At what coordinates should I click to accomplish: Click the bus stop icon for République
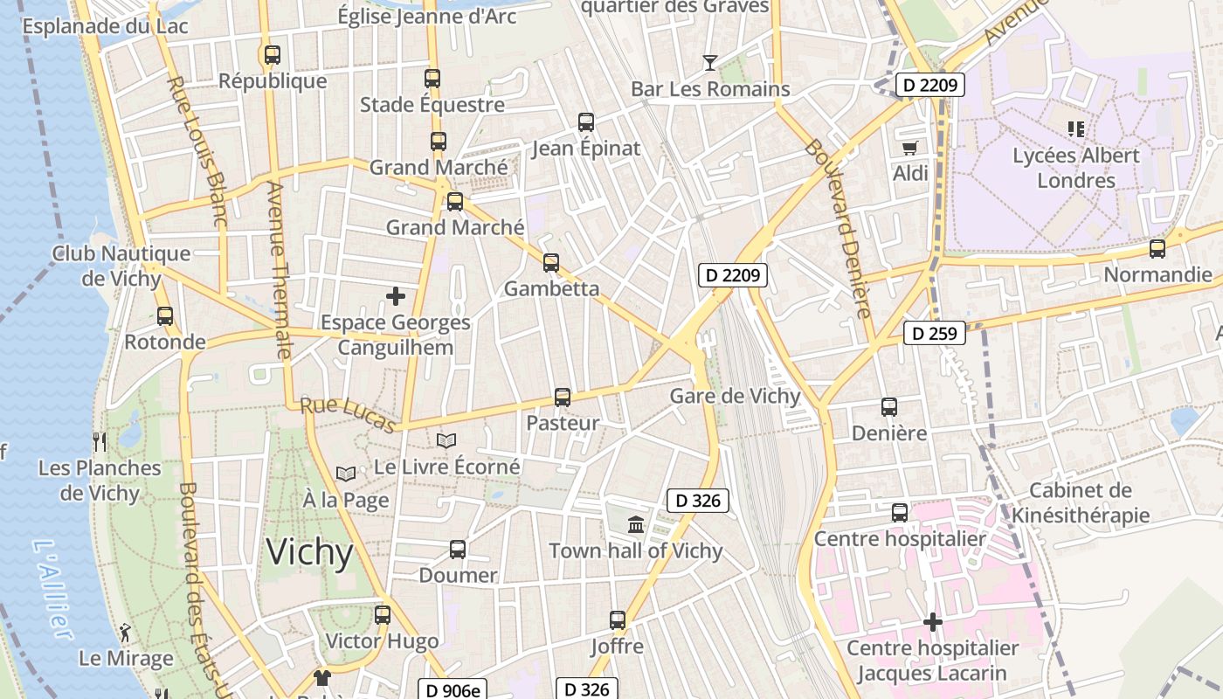point(273,54)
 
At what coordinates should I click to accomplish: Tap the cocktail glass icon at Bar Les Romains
point(710,62)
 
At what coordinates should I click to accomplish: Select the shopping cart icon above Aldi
point(910,148)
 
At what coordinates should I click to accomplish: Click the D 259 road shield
point(934,333)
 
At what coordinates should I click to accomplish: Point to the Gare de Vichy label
point(735,396)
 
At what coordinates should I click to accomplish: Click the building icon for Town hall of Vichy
point(636,524)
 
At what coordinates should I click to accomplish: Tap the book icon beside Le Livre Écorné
point(446,440)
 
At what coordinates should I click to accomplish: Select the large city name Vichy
point(309,552)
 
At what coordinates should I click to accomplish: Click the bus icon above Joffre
point(618,620)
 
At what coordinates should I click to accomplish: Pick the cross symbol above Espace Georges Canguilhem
point(396,296)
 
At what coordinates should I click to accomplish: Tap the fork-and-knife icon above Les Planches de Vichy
point(100,441)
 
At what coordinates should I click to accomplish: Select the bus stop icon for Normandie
point(1157,249)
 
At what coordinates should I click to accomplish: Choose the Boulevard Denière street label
point(843,227)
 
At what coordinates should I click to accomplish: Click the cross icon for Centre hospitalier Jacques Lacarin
point(933,622)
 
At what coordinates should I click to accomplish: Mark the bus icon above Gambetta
point(551,262)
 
